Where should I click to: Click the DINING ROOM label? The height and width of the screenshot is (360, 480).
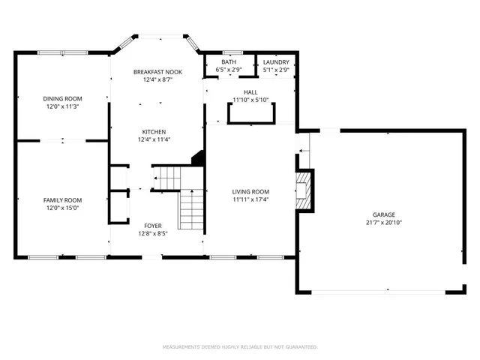[62, 98]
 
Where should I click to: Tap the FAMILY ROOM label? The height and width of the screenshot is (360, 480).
[62, 200]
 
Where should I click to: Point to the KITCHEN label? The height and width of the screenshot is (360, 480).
[153, 130]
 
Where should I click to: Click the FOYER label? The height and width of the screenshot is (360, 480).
[153, 225]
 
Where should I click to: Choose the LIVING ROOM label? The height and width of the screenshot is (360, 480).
[250, 191]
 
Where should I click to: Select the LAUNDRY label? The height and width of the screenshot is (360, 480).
[276, 61]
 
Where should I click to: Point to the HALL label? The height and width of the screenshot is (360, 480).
[250, 91]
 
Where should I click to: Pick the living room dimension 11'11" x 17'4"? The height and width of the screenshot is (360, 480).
[250, 199]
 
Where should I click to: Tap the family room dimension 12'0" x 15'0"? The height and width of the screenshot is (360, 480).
[62, 208]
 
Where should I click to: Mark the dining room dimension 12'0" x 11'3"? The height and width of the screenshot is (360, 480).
[62, 106]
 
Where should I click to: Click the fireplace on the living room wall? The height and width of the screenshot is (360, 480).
[302, 190]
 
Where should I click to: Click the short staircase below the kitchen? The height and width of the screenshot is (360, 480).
[168, 178]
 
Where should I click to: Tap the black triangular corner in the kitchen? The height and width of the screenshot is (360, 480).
[198, 157]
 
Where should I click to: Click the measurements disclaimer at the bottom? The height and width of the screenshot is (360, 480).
[240, 346]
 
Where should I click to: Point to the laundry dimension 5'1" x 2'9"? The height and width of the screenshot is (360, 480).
[276, 70]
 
